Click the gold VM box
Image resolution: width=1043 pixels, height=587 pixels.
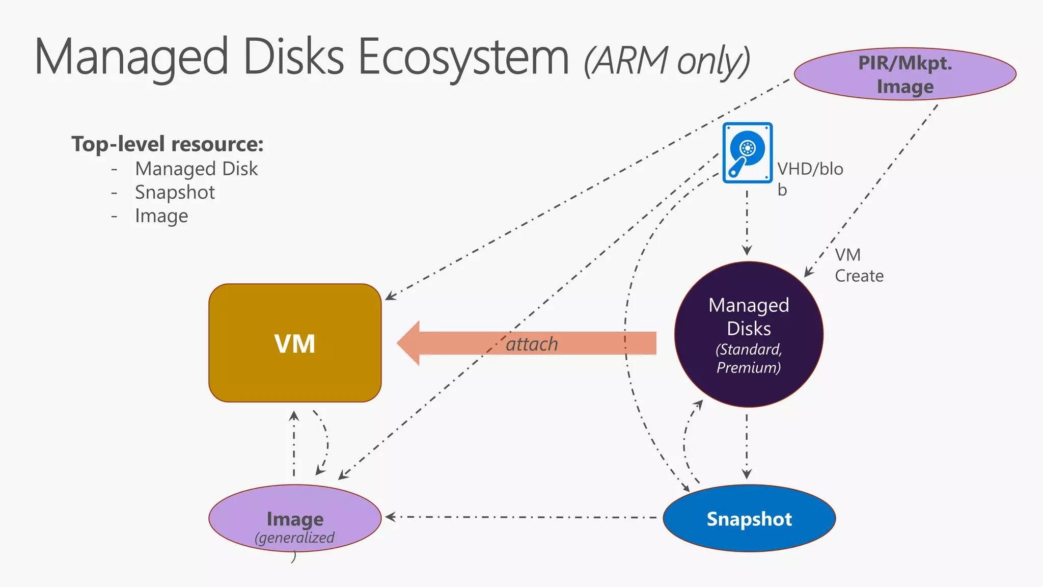(x=295, y=343)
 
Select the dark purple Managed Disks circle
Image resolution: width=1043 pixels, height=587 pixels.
(x=749, y=334)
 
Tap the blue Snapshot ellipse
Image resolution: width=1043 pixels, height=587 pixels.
(x=749, y=518)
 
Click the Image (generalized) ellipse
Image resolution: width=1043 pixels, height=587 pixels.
(x=295, y=518)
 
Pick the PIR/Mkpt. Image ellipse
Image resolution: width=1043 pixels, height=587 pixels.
(x=905, y=74)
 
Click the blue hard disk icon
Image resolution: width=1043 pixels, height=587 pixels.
(x=747, y=152)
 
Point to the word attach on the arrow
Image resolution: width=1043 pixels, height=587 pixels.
(x=532, y=344)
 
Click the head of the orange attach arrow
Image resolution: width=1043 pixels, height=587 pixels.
(x=410, y=343)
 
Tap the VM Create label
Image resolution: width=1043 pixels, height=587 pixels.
(x=858, y=265)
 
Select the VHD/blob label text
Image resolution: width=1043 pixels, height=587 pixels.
(x=809, y=170)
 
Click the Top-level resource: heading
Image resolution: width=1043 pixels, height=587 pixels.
(x=168, y=144)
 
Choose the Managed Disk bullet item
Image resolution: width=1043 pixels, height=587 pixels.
(x=196, y=169)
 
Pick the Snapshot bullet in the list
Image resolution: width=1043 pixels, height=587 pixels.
(x=175, y=192)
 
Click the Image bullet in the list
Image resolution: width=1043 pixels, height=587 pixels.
(x=161, y=216)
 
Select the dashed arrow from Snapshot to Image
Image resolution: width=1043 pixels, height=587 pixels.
(x=519, y=517)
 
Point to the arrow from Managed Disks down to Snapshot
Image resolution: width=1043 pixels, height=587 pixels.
(x=747, y=446)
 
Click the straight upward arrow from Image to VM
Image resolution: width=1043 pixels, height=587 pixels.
(x=294, y=443)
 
